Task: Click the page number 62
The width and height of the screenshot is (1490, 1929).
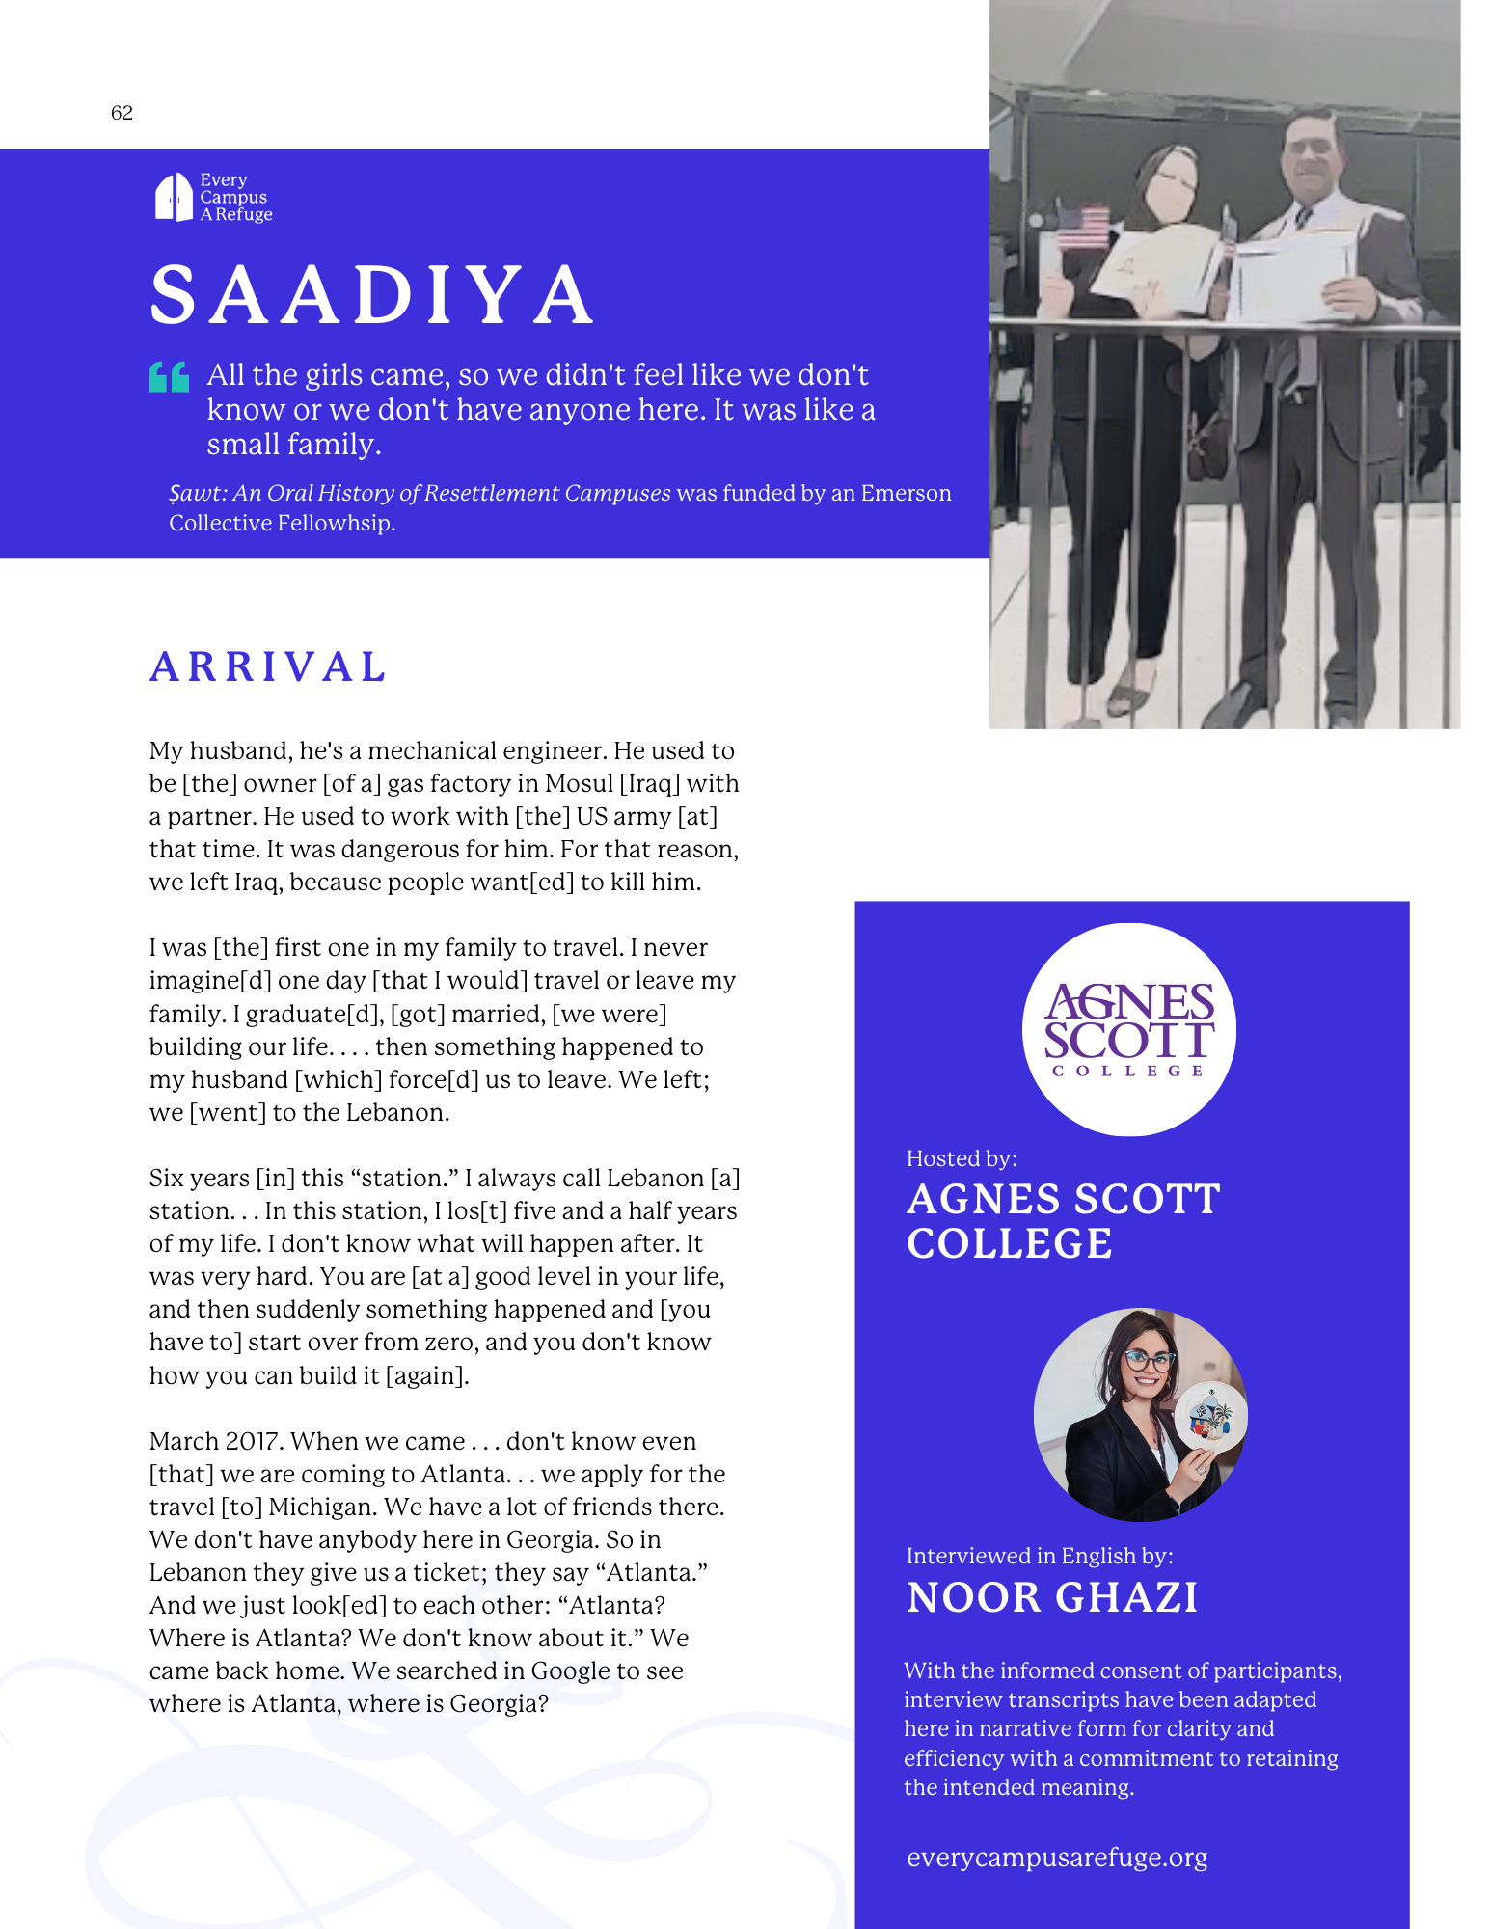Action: click(122, 113)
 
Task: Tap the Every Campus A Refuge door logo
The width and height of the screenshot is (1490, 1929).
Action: click(174, 198)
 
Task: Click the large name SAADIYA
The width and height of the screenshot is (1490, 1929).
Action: click(372, 295)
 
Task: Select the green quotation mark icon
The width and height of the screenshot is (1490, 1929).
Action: click(169, 376)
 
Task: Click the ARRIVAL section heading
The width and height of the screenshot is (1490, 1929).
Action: click(268, 667)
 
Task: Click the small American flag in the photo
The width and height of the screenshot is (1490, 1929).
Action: click(1082, 228)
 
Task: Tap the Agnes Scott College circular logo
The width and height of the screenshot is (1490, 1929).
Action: click(1128, 1030)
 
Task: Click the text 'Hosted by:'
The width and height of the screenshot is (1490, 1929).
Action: click(962, 1158)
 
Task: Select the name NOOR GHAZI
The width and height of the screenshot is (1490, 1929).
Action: click(1052, 1598)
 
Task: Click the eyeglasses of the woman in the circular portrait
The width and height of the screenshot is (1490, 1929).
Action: click(1148, 1361)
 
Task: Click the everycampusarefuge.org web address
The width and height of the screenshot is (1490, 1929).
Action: click(1057, 1858)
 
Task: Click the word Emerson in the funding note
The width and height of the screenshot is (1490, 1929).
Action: click(906, 493)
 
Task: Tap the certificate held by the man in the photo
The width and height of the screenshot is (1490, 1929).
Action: click(1294, 276)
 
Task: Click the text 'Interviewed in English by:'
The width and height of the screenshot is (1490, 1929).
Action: click(1040, 1556)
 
